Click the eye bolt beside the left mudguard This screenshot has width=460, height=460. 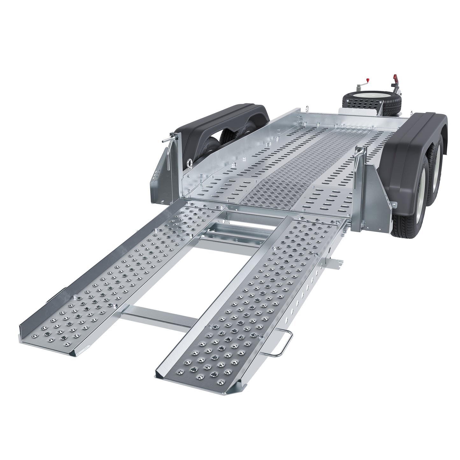click(x=190, y=164)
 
